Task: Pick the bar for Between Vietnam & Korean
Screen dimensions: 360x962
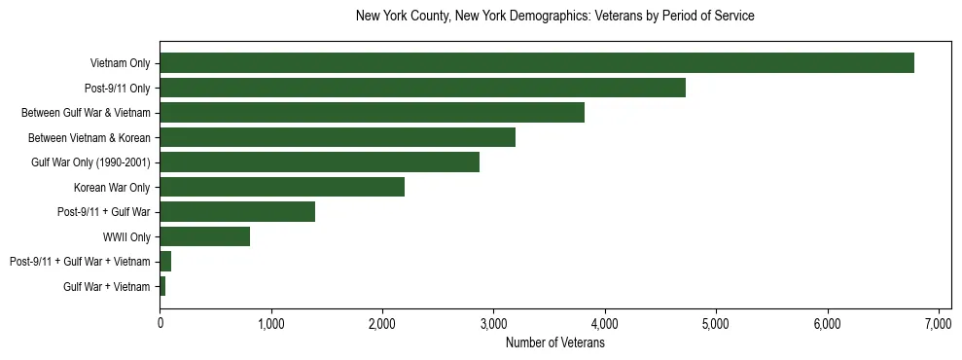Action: click(338, 137)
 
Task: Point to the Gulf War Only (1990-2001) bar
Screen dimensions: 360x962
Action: click(319, 162)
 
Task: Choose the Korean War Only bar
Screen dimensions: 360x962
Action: click(282, 187)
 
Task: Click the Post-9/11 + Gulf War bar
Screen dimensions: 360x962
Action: click(237, 212)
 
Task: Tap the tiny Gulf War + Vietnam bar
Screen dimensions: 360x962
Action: click(162, 286)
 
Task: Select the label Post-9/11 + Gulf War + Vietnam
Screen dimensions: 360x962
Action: click(80, 262)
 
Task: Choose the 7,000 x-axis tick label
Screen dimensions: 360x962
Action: click(939, 323)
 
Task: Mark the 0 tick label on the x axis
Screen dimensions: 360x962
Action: click(160, 323)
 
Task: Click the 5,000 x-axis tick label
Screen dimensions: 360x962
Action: click(716, 323)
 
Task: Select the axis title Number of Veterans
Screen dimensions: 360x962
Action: click(555, 342)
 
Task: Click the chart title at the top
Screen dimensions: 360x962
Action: click(555, 17)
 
